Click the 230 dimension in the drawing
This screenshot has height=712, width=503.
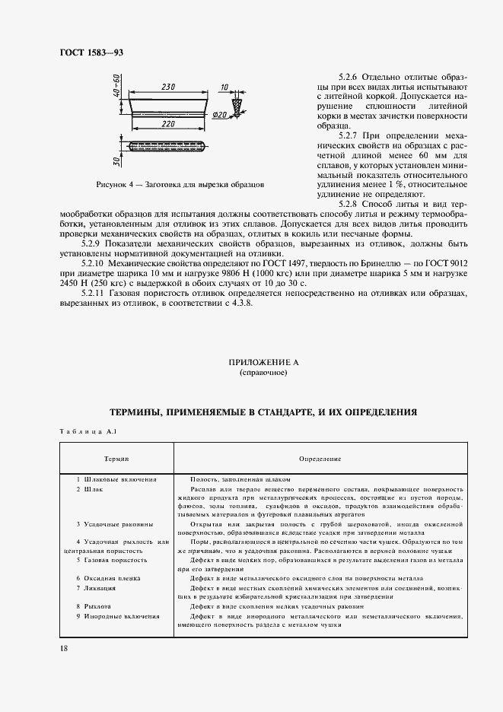coord(169,87)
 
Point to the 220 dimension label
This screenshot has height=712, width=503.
coord(169,122)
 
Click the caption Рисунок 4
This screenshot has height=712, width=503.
coord(180,185)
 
